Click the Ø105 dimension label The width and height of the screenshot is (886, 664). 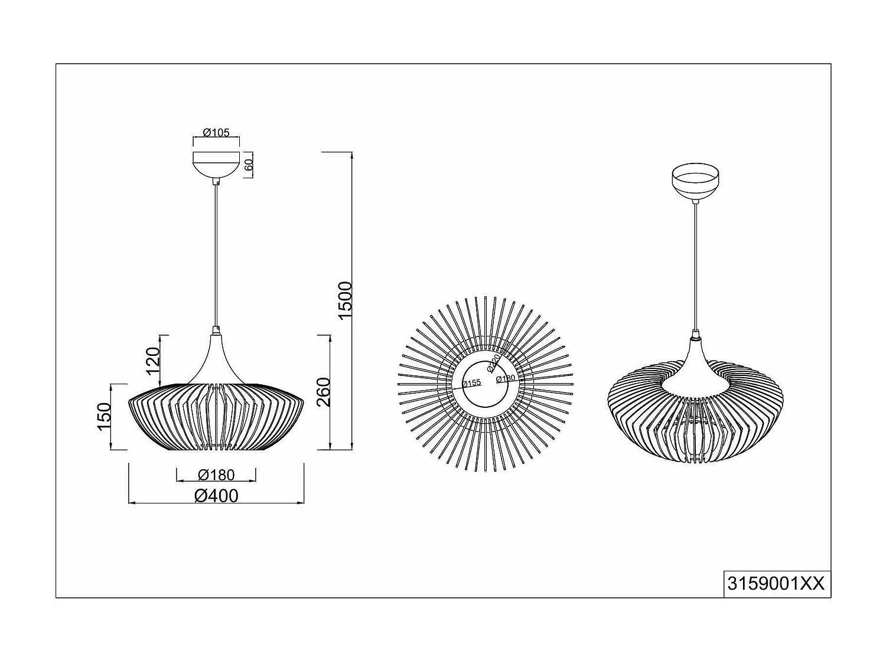pyautogui.click(x=216, y=133)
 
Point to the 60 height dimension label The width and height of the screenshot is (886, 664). pyautogui.click(x=249, y=165)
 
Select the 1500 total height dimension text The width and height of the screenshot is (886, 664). pyautogui.click(x=344, y=300)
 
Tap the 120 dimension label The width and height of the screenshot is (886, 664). pyautogui.click(x=153, y=361)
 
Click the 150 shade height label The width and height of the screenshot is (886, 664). pyautogui.click(x=103, y=416)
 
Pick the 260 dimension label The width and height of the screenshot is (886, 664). pyautogui.click(x=323, y=392)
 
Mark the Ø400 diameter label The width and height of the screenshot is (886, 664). pyautogui.click(x=216, y=496)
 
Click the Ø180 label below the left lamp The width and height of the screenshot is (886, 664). pyautogui.click(x=216, y=475)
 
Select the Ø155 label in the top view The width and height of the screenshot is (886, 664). pyautogui.click(x=471, y=382)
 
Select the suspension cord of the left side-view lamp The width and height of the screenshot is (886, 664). pyautogui.click(x=216, y=254)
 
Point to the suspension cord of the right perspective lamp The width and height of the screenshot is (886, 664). pyautogui.click(x=695, y=266)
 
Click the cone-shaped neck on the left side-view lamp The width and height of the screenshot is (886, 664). pyautogui.click(x=216, y=360)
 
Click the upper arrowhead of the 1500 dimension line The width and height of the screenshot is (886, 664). pyautogui.click(x=352, y=155)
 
